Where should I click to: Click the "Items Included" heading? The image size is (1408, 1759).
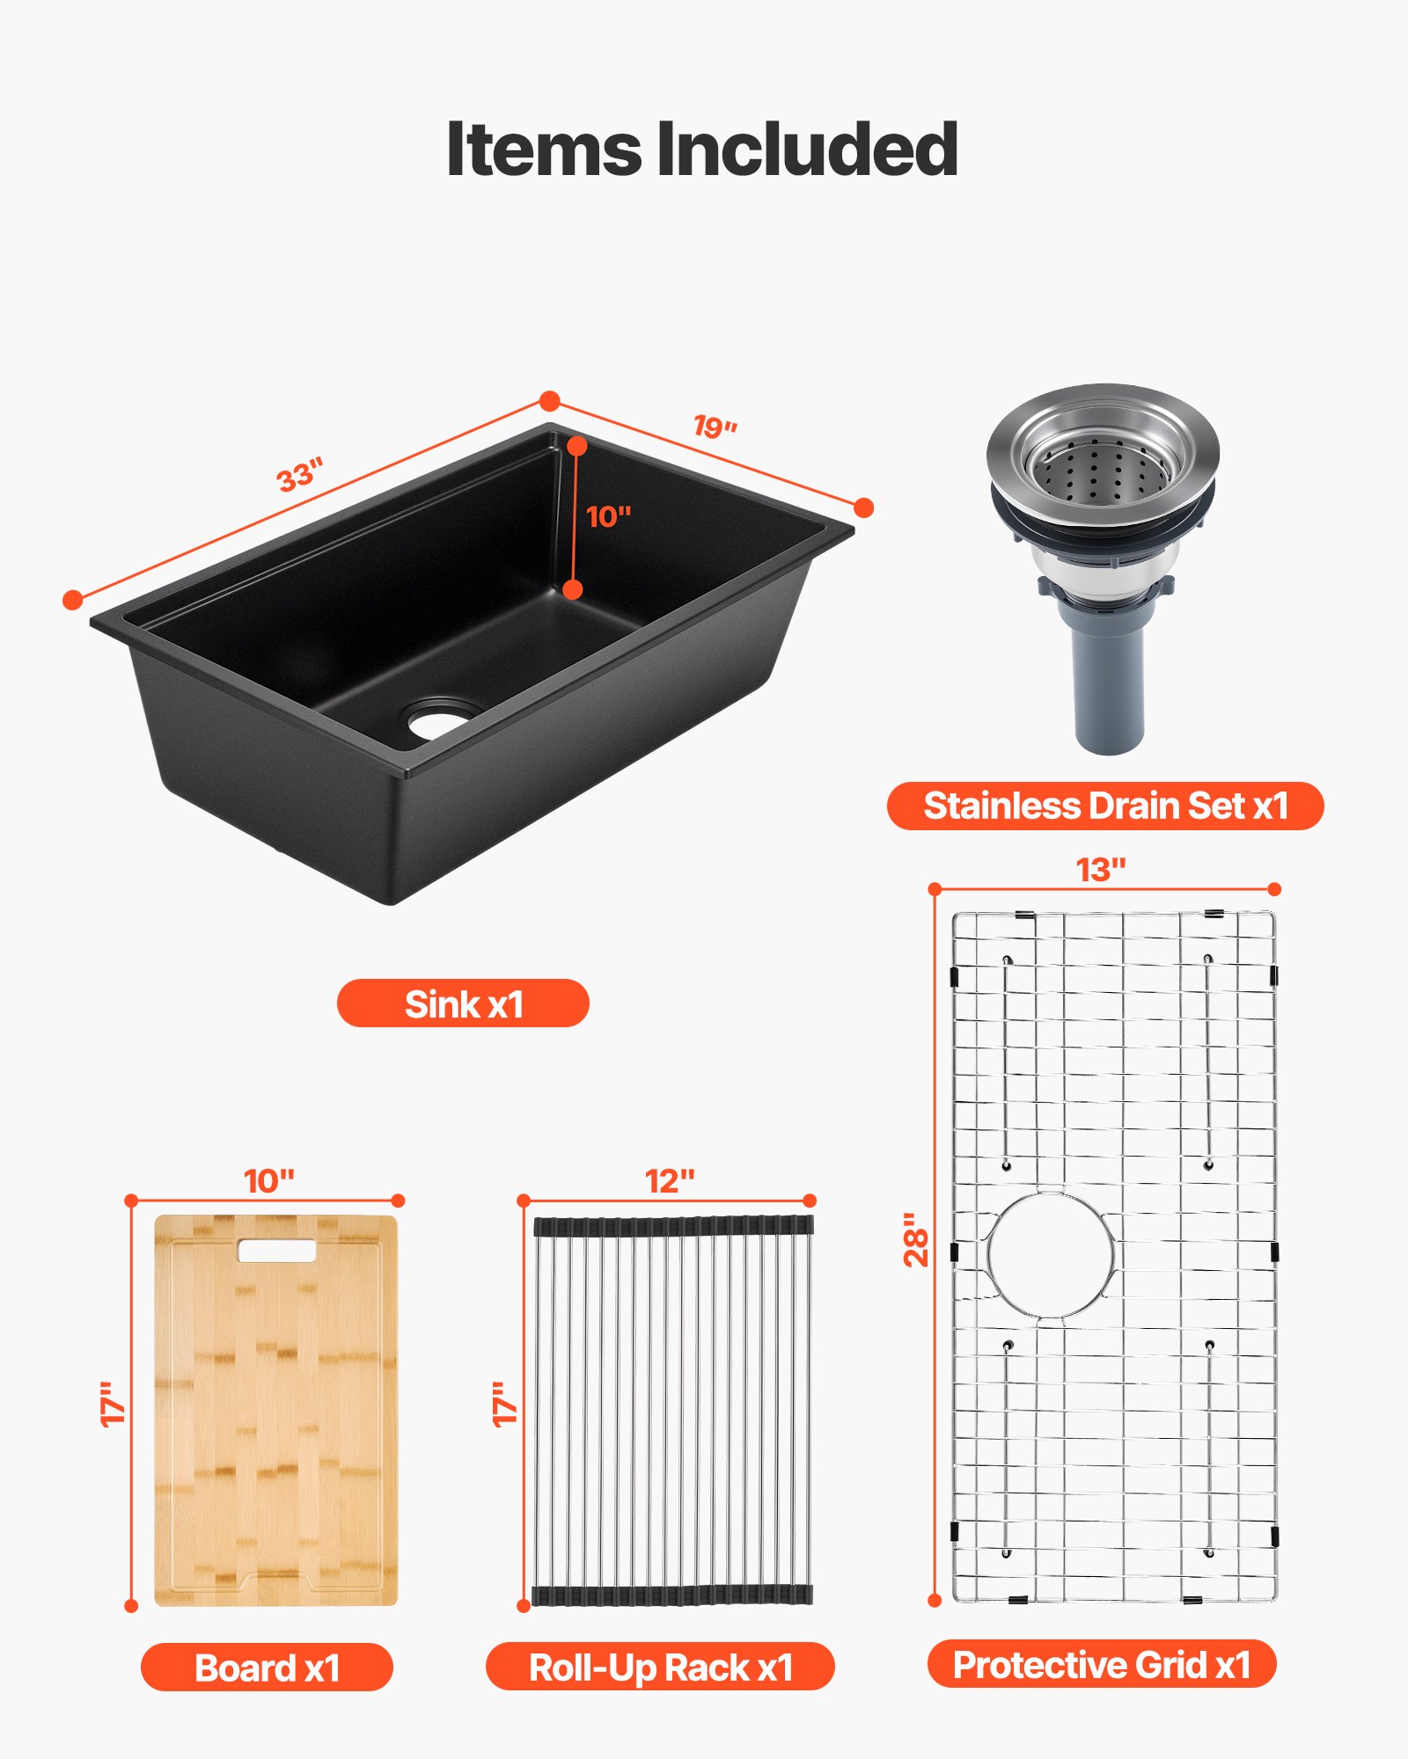point(702,150)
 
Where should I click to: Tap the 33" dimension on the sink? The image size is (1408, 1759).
point(300,475)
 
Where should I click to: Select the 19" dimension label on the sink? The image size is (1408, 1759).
point(715,427)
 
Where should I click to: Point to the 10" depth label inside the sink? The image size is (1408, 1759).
point(608,516)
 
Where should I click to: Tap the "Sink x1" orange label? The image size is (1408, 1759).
point(463,1004)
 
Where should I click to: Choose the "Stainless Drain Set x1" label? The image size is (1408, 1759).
point(1105,806)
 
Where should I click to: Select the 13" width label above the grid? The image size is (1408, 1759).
point(1101,870)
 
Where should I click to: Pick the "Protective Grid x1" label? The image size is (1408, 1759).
point(1102,1664)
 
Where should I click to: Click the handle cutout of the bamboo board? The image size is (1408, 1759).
point(276,1251)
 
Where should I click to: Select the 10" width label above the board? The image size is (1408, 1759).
point(268,1181)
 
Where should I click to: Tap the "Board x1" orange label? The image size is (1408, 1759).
point(267,1668)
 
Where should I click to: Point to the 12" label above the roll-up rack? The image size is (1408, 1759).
point(670,1181)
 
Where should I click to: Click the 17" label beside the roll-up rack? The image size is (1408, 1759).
point(505,1404)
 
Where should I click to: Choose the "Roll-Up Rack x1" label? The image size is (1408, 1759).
point(660,1668)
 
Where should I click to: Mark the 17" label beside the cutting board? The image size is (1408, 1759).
point(113,1404)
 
